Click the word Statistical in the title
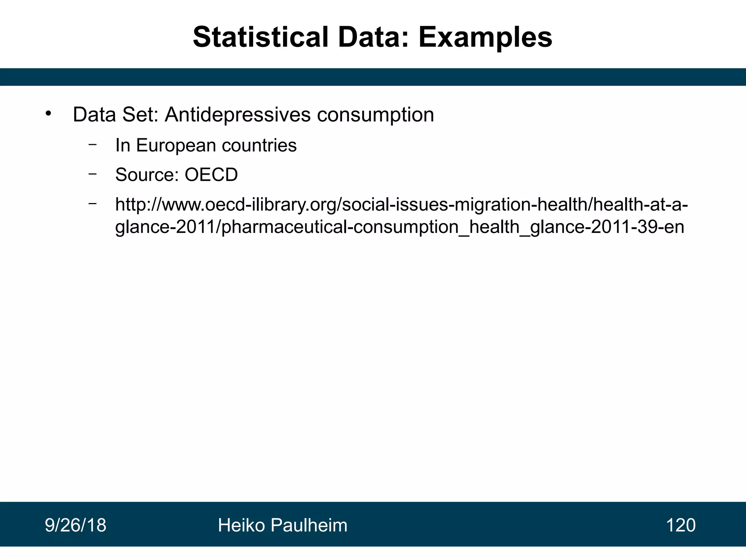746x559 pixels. [x=260, y=37]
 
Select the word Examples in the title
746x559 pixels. [x=485, y=37]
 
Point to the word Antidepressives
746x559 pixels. [x=237, y=115]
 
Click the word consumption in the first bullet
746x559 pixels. [x=375, y=115]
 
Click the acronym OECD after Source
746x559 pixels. [x=211, y=175]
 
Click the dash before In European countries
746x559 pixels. [x=93, y=144]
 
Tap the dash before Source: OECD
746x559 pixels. [x=93, y=174]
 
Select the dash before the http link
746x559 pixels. [x=93, y=203]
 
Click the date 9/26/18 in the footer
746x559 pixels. [x=75, y=525]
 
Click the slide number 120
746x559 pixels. [x=680, y=525]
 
